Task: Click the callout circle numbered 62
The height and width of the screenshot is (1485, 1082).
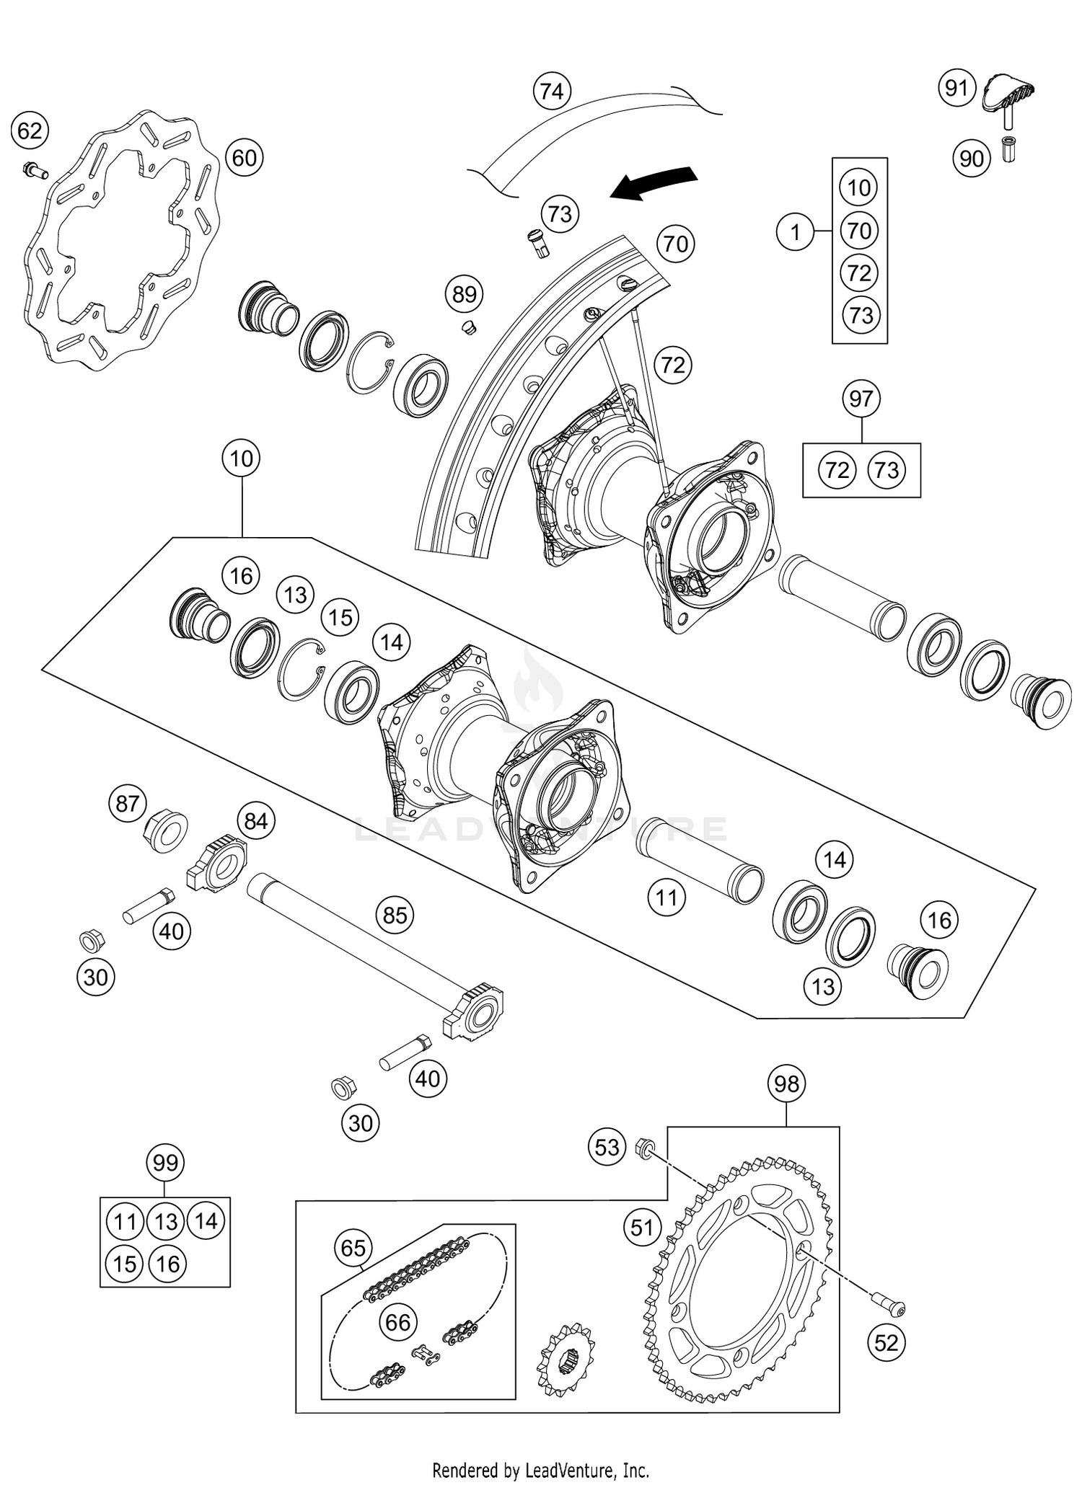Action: pyautogui.click(x=30, y=131)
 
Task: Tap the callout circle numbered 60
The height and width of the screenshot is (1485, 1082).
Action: pyautogui.click(x=244, y=157)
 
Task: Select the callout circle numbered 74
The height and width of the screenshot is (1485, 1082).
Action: pyautogui.click(x=552, y=92)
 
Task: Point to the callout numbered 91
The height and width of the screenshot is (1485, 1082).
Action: pyautogui.click(x=956, y=88)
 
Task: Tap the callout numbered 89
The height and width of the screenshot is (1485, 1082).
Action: pyautogui.click(x=465, y=294)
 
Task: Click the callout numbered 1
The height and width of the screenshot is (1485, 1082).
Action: pyautogui.click(x=795, y=232)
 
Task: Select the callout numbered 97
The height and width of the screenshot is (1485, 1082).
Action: pyautogui.click(x=861, y=399)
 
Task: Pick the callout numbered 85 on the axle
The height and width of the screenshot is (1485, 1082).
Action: pyautogui.click(x=395, y=915)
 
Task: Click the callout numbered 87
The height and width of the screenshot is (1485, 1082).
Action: pyautogui.click(x=128, y=803)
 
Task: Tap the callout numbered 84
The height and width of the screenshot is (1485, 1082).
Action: pyautogui.click(x=255, y=821)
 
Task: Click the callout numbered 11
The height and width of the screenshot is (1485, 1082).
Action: pyautogui.click(x=666, y=897)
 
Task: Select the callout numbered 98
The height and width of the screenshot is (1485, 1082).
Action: pyautogui.click(x=786, y=1083)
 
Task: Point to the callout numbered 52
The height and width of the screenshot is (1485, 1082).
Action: pyautogui.click(x=886, y=1342)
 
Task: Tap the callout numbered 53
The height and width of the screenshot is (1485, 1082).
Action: pyautogui.click(x=607, y=1146)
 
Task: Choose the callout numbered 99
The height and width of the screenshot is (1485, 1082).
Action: pyautogui.click(x=165, y=1163)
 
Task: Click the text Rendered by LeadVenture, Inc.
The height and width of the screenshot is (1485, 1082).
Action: pyautogui.click(x=540, y=1470)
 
